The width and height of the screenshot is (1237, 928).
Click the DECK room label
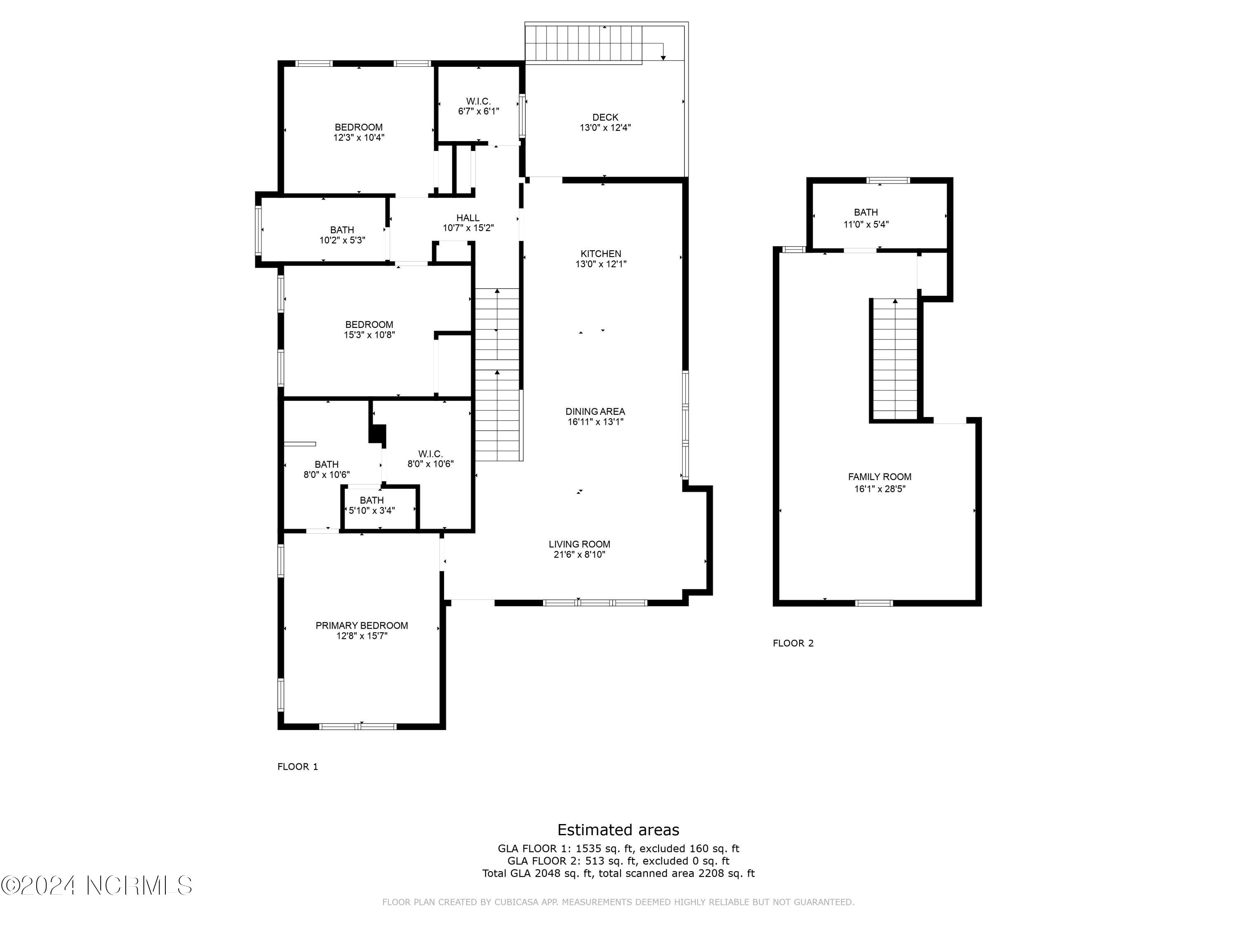pyautogui.click(x=605, y=117)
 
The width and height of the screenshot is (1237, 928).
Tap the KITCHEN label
pyautogui.click(x=601, y=253)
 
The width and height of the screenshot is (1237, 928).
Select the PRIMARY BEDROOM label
pyautogui.click(x=361, y=625)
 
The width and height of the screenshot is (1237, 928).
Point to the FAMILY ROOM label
pyautogui.click(x=879, y=477)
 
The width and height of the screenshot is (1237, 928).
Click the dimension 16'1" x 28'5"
pyautogui.click(x=879, y=488)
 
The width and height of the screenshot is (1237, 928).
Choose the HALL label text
pyautogui.click(x=468, y=218)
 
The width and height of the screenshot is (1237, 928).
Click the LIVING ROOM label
pyautogui.click(x=579, y=544)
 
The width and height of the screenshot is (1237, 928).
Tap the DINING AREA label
pyautogui.click(x=595, y=411)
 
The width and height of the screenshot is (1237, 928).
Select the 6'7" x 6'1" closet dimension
pyautogui.click(x=478, y=111)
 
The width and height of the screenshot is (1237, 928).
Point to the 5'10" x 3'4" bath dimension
pyautogui.click(x=372, y=510)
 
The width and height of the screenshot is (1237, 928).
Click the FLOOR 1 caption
pyautogui.click(x=298, y=766)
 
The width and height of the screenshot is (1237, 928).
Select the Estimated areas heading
pyautogui.click(x=618, y=829)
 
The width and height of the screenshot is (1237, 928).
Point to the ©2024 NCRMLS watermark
pyautogui.click(x=96, y=886)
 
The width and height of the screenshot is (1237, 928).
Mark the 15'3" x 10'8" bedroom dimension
pyautogui.click(x=369, y=335)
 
